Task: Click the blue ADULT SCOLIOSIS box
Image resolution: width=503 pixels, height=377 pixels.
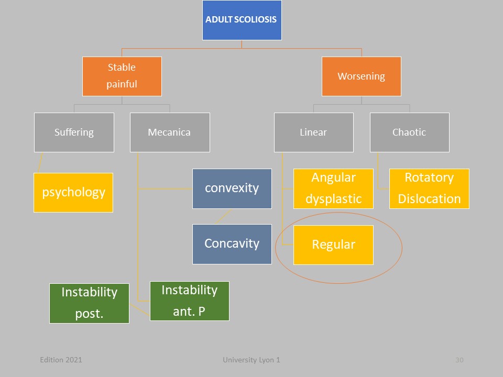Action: click(242, 20)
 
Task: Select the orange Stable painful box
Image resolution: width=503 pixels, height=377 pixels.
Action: click(122, 76)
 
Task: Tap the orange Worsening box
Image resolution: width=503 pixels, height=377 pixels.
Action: click(362, 76)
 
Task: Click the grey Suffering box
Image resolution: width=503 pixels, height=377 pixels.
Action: click(74, 132)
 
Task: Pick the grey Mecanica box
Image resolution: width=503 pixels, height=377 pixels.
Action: click(170, 132)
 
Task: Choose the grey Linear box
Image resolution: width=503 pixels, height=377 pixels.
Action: click(314, 132)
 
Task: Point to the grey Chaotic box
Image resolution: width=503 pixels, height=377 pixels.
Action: click(410, 132)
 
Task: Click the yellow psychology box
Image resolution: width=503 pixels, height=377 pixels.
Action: click(73, 193)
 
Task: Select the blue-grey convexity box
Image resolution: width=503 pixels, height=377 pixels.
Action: click(232, 189)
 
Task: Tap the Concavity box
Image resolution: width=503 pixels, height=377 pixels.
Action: click(232, 245)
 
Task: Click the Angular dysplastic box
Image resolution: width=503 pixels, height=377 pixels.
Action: click(334, 189)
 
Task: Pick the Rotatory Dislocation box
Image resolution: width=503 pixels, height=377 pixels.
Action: click(429, 189)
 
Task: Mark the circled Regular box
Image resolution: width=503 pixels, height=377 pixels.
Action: click(334, 245)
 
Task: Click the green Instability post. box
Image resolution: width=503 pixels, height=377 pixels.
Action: click(90, 303)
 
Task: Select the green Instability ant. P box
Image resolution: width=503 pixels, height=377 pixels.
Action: click(190, 301)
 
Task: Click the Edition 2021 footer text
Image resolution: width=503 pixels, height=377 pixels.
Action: click(61, 360)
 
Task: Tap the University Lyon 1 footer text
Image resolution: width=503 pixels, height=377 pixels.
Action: click(251, 360)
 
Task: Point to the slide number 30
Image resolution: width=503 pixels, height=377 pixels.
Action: click(460, 360)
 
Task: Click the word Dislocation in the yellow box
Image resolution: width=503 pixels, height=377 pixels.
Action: click(429, 199)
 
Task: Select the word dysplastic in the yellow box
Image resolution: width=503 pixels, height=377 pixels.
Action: click(334, 199)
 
